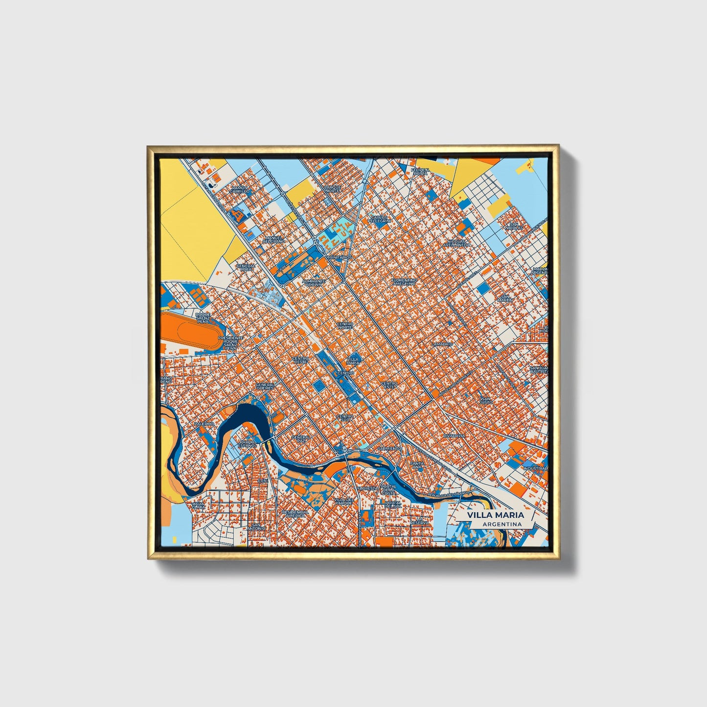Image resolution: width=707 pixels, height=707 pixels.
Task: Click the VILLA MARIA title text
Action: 495,515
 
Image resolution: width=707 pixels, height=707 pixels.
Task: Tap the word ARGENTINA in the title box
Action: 502,525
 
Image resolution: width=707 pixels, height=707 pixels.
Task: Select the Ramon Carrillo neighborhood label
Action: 240,190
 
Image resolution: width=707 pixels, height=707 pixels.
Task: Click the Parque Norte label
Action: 332,189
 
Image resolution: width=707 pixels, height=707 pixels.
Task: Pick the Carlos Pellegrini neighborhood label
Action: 380,219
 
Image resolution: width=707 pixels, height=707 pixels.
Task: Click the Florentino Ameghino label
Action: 404,282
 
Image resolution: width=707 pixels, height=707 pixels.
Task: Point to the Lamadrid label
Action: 442,344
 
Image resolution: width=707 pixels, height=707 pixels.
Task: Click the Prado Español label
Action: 247,444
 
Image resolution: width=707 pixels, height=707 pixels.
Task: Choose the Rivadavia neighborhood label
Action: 454,435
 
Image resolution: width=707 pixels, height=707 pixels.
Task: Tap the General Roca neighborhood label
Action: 246,267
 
